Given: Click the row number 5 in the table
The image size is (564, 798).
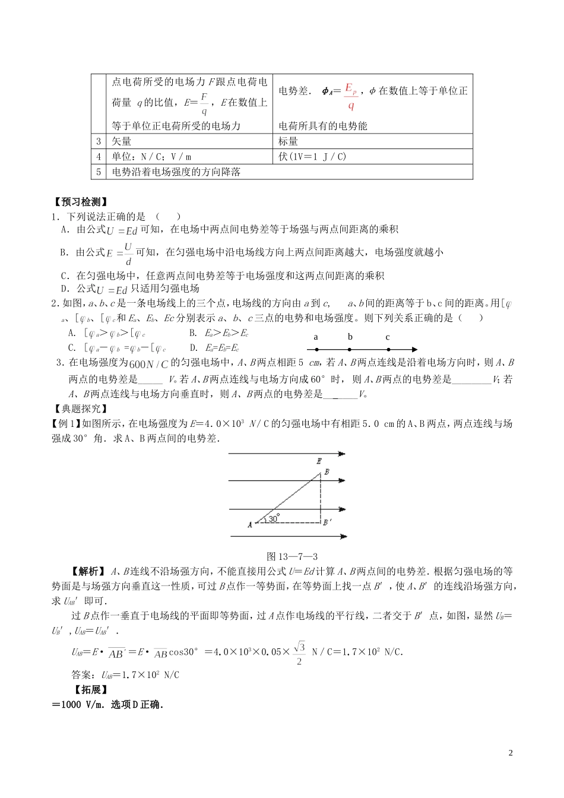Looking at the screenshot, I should (99, 172).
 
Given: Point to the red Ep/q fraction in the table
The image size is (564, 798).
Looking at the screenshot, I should (351, 97).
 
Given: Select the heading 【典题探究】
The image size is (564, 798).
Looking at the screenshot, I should (81, 408).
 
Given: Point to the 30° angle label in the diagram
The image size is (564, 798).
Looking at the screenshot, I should (273, 518).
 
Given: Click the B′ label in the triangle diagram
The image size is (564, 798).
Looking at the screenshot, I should (327, 523).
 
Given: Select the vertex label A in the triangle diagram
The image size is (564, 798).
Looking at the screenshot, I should (250, 524).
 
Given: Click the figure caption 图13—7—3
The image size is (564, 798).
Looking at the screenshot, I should (292, 556).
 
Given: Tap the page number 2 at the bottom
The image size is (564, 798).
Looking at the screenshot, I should (510, 753).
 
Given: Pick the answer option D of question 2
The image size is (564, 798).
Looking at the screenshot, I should (214, 348).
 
